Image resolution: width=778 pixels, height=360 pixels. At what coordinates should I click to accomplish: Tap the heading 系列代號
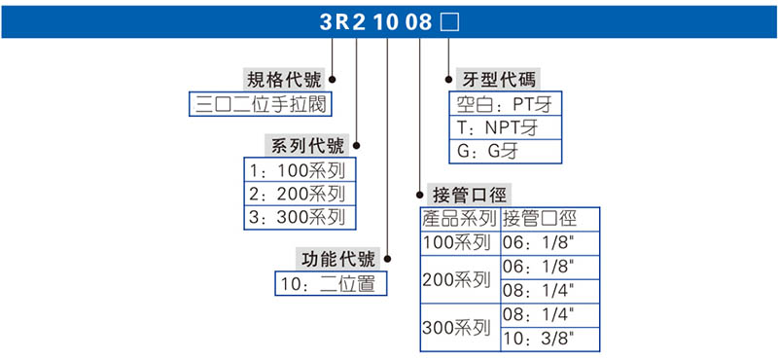[x=306, y=147]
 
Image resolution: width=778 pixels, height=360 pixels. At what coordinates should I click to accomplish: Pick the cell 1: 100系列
[x=296, y=171]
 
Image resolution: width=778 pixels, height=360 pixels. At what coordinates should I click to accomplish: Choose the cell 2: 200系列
[x=296, y=194]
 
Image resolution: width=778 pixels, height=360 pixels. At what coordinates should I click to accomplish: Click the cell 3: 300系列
[x=296, y=217]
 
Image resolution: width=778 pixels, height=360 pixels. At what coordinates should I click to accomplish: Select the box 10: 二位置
[x=331, y=284]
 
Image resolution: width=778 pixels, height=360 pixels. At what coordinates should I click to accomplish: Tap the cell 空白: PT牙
[x=508, y=104]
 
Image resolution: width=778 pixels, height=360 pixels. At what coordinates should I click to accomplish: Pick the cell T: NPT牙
[x=508, y=127]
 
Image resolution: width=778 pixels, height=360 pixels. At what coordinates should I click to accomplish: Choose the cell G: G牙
[x=508, y=151]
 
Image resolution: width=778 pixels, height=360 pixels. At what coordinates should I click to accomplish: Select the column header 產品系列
[x=459, y=218]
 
